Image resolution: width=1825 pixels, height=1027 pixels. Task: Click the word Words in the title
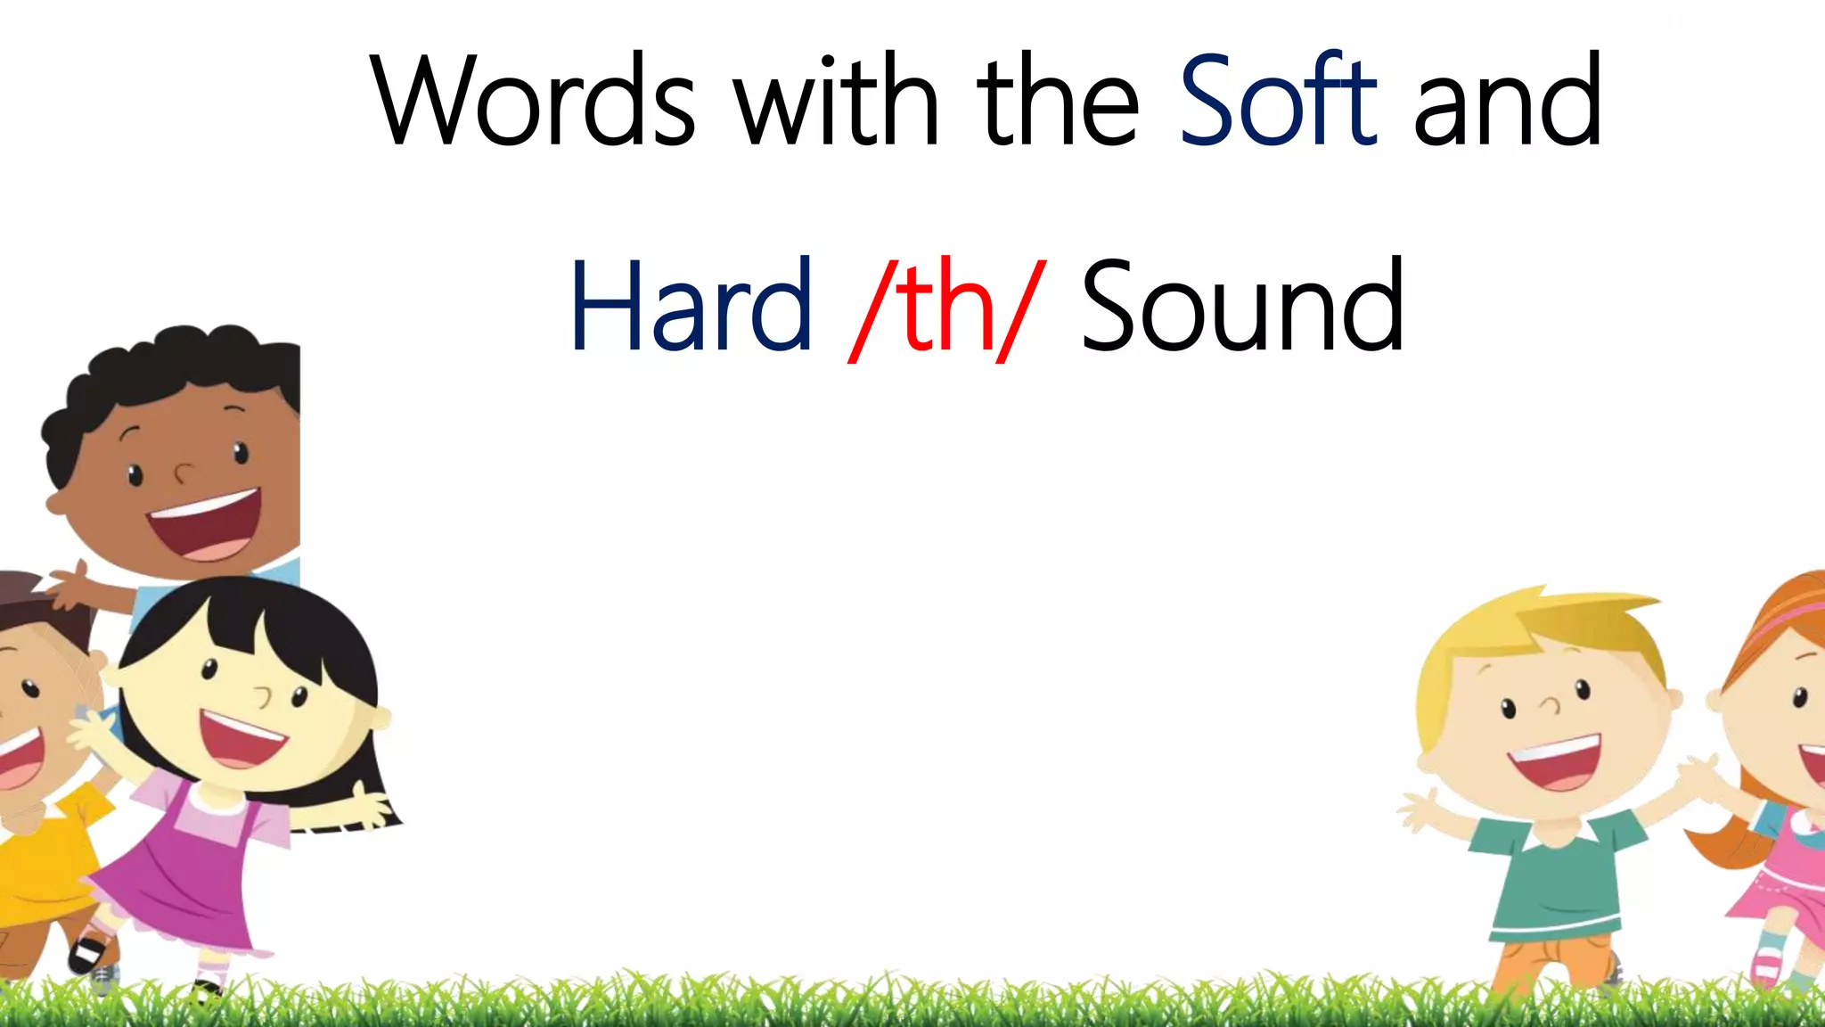(533, 100)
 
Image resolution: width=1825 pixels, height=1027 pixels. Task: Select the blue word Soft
(1278, 100)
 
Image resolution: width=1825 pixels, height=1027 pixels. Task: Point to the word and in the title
(1508, 100)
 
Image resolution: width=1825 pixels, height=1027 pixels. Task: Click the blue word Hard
(691, 305)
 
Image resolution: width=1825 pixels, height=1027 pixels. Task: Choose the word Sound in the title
(1242, 305)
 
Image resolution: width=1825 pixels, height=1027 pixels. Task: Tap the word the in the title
(1058, 100)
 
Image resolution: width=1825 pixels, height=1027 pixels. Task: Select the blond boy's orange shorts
(1551, 963)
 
